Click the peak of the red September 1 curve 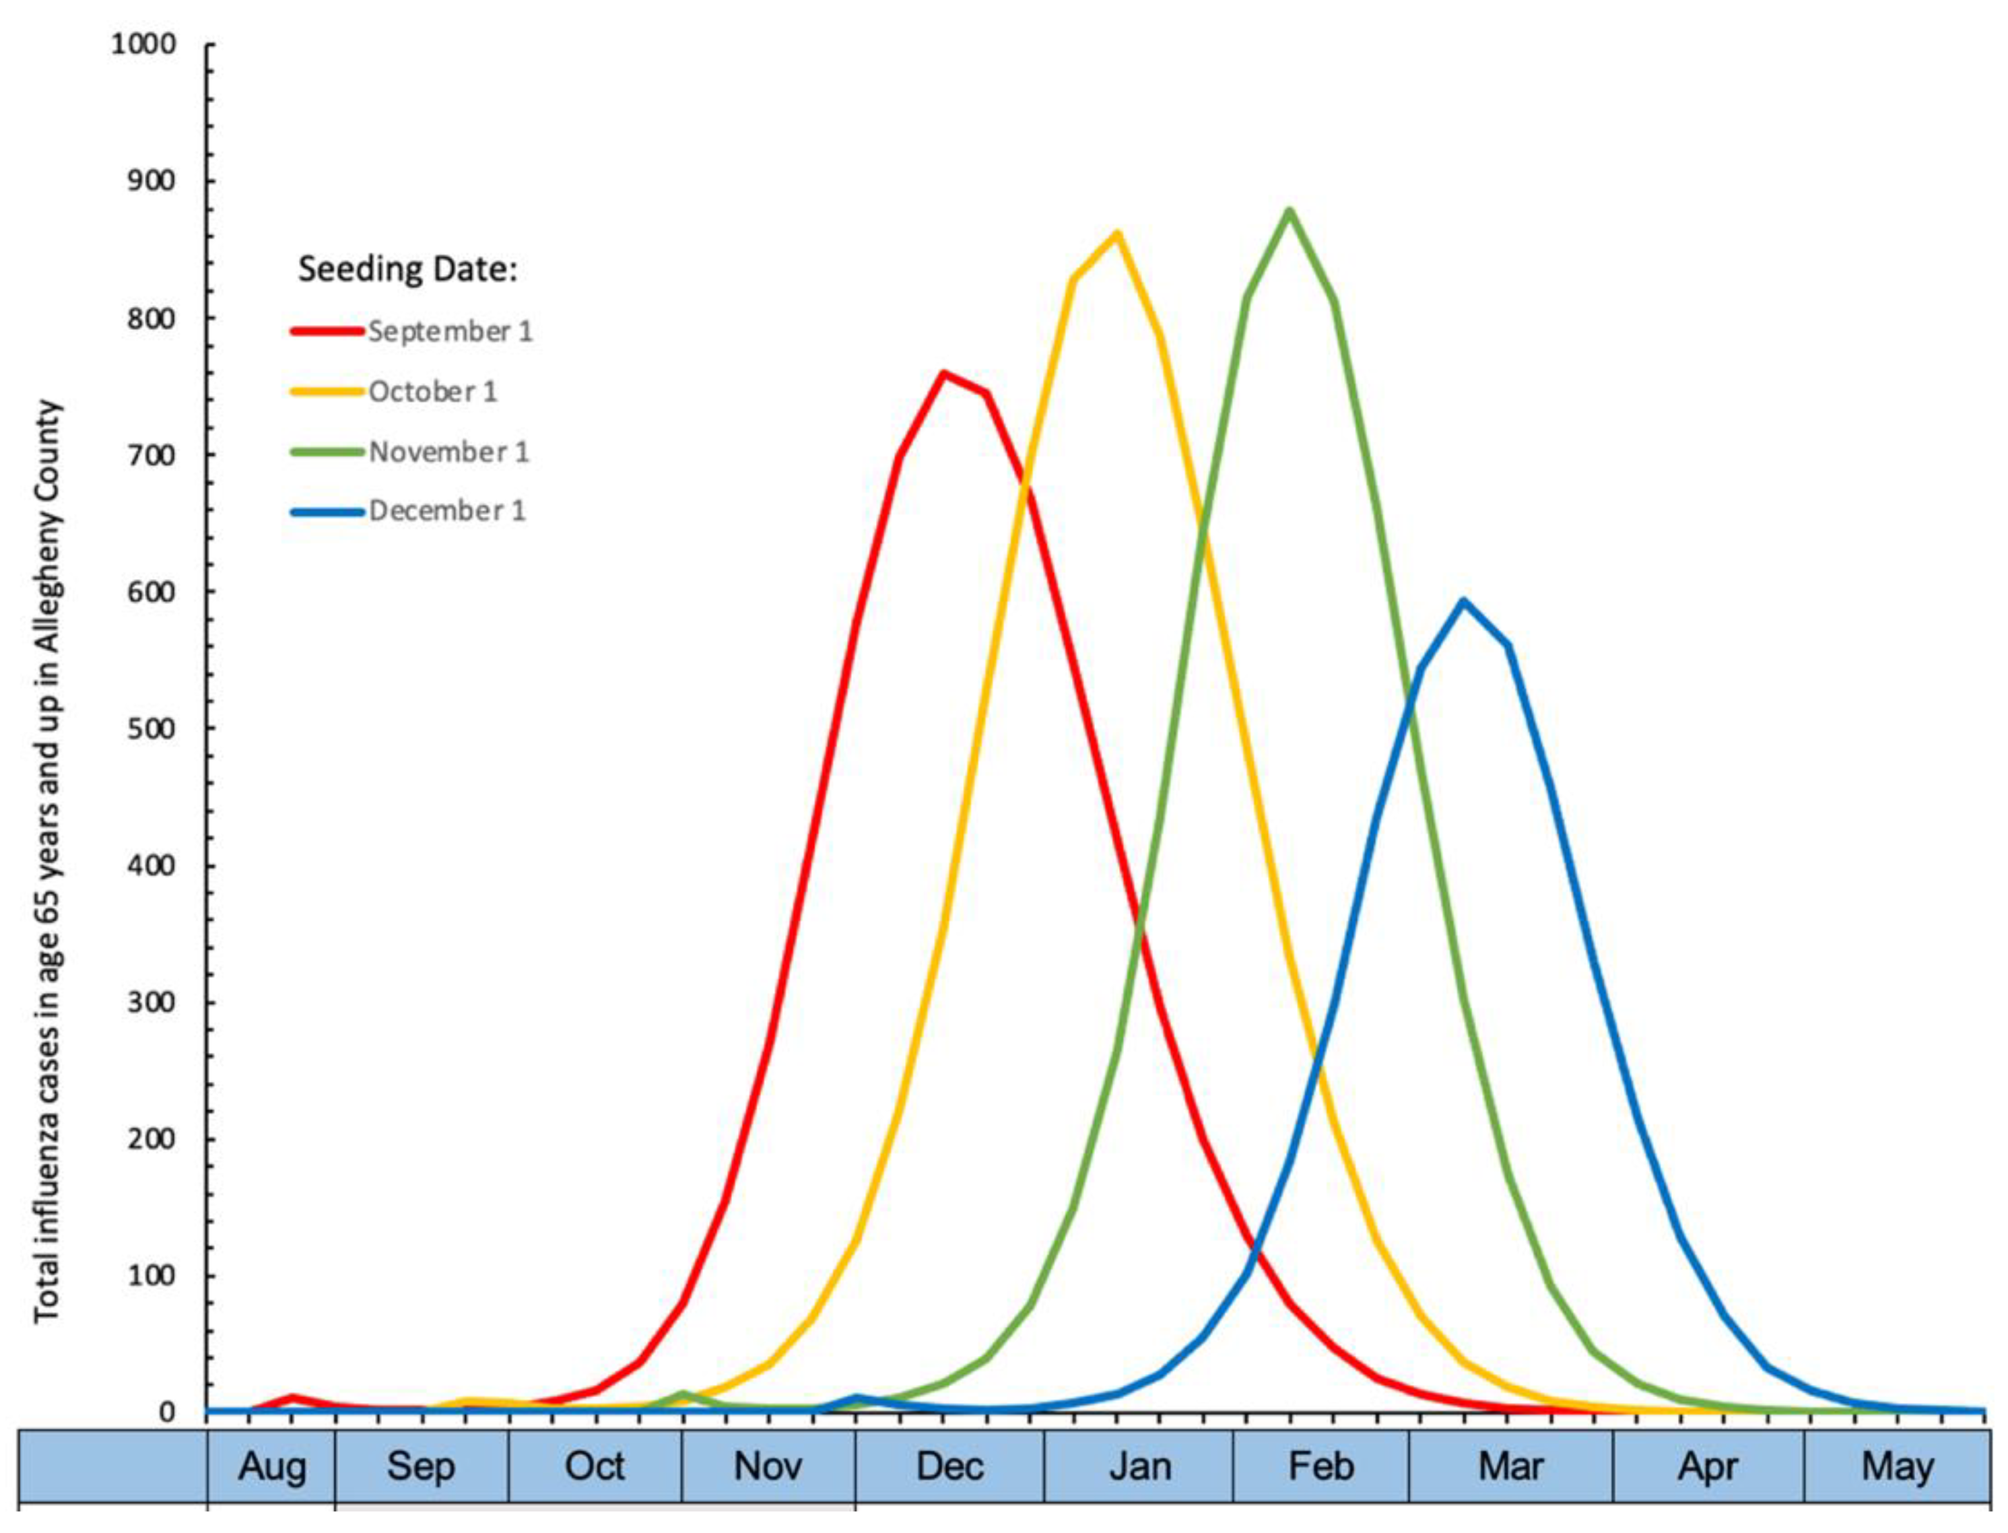(943, 373)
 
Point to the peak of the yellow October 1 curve (1116, 234)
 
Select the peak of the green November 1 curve (1289, 211)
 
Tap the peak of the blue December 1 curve (1463, 601)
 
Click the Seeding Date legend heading (407, 269)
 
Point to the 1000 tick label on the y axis (143, 44)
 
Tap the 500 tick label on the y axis (152, 728)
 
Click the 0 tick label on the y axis (167, 1412)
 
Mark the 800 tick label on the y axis (152, 318)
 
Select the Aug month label (271, 1466)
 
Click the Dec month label (949, 1466)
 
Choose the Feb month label (1320, 1466)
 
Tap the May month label (1897, 1466)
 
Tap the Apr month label (1707, 1466)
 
